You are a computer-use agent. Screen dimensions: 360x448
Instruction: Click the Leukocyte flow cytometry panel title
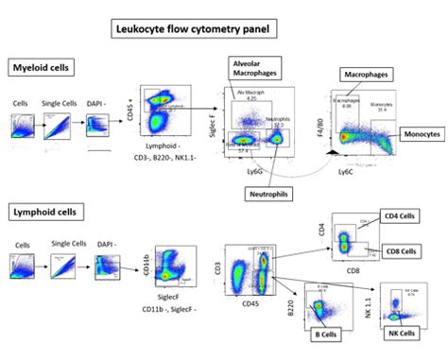pyautogui.click(x=195, y=30)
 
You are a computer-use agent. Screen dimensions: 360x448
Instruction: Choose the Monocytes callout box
pyautogui.click(x=422, y=139)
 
